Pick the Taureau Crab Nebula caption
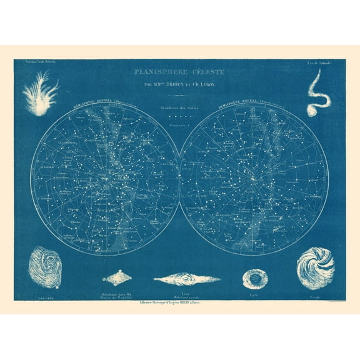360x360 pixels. click(36, 63)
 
